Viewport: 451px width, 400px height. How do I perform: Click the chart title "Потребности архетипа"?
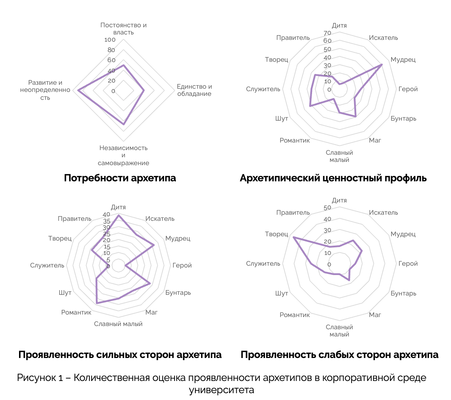[120, 178]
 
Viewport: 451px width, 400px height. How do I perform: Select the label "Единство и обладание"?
[194, 90]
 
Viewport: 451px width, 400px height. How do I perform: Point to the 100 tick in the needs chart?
[110, 40]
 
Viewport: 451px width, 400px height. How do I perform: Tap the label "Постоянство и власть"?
[124, 29]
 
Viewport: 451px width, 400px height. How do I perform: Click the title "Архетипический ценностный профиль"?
[333, 178]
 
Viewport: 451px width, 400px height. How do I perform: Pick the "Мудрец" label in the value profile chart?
[403, 60]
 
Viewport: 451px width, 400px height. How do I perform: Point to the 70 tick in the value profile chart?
[327, 33]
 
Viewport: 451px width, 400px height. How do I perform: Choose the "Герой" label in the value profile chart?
[408, 89]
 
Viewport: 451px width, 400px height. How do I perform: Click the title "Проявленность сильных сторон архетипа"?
[120, 355]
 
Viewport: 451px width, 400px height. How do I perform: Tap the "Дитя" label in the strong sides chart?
[118, 207]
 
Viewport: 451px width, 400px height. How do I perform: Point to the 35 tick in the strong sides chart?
[107, 221]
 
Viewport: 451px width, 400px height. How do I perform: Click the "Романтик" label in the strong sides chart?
[76, 312]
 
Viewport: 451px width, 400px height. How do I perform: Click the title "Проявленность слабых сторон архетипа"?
[339, 355]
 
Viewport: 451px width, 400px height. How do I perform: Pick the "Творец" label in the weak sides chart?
[276, 234]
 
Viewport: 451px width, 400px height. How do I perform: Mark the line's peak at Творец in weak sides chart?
[293, 237]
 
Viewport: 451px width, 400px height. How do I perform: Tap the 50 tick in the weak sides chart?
[327, 208]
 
